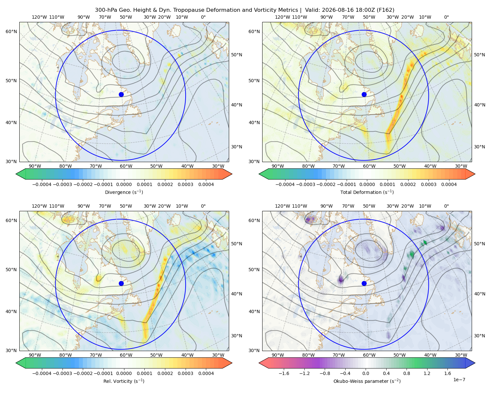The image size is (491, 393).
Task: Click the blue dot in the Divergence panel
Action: coord(121,94)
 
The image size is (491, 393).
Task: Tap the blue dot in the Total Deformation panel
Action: coord(364,94)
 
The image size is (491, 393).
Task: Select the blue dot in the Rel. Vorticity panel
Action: coord(121,283)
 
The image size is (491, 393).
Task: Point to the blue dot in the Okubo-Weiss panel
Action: coord(364,283)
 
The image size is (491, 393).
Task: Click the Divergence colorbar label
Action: coord(124,192)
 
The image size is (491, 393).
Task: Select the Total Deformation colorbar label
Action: coord(367,192)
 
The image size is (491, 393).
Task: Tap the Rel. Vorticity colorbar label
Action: coord(124,381)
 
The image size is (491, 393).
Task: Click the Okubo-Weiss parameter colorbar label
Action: coord(367,381)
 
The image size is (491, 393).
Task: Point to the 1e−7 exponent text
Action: coord(459,380)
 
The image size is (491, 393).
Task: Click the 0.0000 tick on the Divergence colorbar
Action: coord(124,184)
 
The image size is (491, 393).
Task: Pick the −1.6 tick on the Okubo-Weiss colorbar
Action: coord(284,373)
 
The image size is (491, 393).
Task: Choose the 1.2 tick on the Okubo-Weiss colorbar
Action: coord(427,373)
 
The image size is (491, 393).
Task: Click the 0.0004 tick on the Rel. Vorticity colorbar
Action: coord(206,373)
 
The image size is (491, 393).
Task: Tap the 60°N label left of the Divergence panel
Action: coord(11,31)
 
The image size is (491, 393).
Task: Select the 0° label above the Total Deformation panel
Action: coord(446,17)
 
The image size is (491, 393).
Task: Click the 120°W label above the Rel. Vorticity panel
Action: coord(39,206)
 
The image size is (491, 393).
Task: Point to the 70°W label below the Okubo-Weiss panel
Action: coord(338,355)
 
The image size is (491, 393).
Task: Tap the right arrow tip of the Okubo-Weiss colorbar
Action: coord(475,363)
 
